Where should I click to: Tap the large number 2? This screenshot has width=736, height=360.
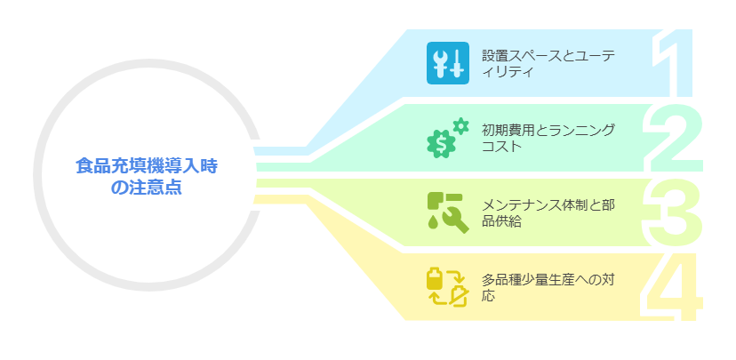click(x=673, y=138)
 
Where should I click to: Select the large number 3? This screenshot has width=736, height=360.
click(x=672, y=212)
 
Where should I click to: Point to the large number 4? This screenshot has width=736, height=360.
click(x=671, y=287)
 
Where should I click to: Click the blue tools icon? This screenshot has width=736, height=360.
click(x=448, y=63)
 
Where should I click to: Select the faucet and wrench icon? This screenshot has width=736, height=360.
click(x=448, y=212)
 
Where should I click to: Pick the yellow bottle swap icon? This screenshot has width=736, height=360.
click(x=448, y=287)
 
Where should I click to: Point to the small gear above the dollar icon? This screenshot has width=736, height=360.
click(x=461, y=127)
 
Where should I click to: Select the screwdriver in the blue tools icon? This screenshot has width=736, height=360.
click(x=457, y=63)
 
